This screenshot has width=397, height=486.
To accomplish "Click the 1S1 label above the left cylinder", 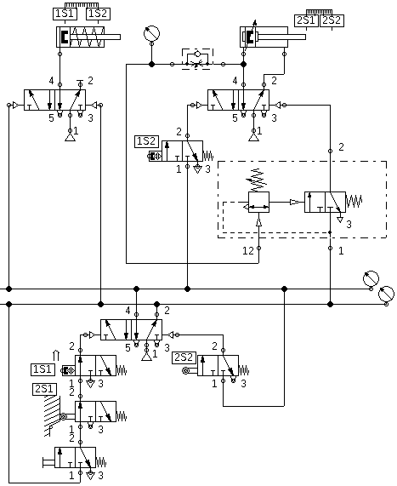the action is (x=65, y=14).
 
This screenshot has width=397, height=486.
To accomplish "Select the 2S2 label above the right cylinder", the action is (x=332, y=20).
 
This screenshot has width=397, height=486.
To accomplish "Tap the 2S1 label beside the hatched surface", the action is (x=44, y=389).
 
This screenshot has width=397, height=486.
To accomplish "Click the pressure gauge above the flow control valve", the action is (x=151, y=33).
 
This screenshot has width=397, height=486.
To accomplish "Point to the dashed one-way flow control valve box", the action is (x=197, y=59).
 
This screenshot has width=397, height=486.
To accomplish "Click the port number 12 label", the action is (x=248, y=251).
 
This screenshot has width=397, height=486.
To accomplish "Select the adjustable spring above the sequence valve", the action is (x=257, y=180).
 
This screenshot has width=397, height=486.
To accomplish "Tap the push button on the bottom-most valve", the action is (x=48, y=463).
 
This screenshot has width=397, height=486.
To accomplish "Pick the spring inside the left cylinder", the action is (x=88, y=37).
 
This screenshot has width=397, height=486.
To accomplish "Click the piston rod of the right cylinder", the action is (x=281, y=37).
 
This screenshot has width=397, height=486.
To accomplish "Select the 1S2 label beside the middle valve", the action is (x=147, y=141).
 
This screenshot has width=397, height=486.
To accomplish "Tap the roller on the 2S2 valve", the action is (x=185, y=370).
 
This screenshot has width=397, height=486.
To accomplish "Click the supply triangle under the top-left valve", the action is (x=71, y=138).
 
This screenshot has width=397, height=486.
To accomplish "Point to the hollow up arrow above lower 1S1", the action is (x=56, y=356).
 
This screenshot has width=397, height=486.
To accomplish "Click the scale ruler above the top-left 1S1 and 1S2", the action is (x=82, y=5).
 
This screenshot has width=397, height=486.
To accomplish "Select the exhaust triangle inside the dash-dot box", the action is (x=340, y=220).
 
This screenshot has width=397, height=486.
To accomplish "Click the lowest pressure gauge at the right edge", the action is (x=386, y=294).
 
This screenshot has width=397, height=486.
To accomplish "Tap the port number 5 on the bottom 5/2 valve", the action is (x=128, y=348).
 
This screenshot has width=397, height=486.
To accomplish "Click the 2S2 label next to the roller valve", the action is (x=184, y=357).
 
